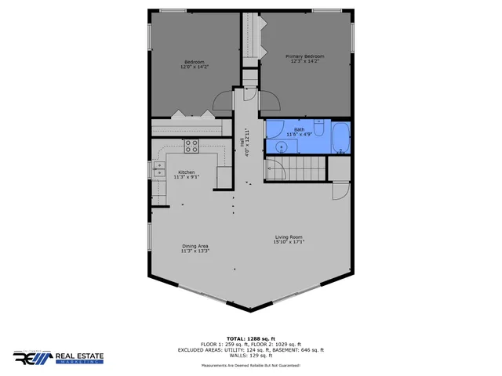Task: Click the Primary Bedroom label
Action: click(304, 56)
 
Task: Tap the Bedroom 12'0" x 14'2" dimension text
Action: click(194, 67)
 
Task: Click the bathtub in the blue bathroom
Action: click(341, 137)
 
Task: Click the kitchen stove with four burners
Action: click(191, 144)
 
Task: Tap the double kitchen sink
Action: click(159, 167)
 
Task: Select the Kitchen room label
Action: click(187, 172)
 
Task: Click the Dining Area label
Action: click(195, 246)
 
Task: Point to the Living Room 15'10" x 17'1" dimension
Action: click(289, 242)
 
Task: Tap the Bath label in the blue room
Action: click(299, 129)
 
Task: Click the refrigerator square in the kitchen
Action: click(224, 178)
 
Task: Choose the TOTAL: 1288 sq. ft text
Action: click(251, 338)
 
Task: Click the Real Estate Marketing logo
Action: click(59, 357)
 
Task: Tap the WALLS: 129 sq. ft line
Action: click(251, 356)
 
